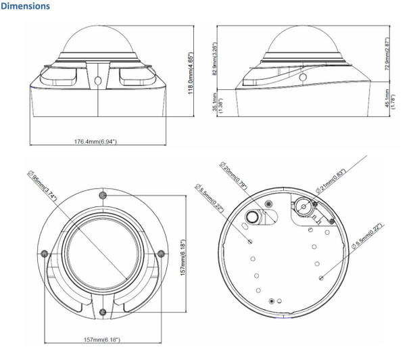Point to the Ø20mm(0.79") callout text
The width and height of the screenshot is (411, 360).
tap(235, 174)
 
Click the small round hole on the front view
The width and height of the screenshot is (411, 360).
tap(100, 79)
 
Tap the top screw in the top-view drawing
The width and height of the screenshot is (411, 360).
tap(102, 194)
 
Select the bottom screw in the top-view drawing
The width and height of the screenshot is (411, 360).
tap(102, 311)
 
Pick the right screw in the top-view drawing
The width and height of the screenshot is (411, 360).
tap(161, 253)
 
